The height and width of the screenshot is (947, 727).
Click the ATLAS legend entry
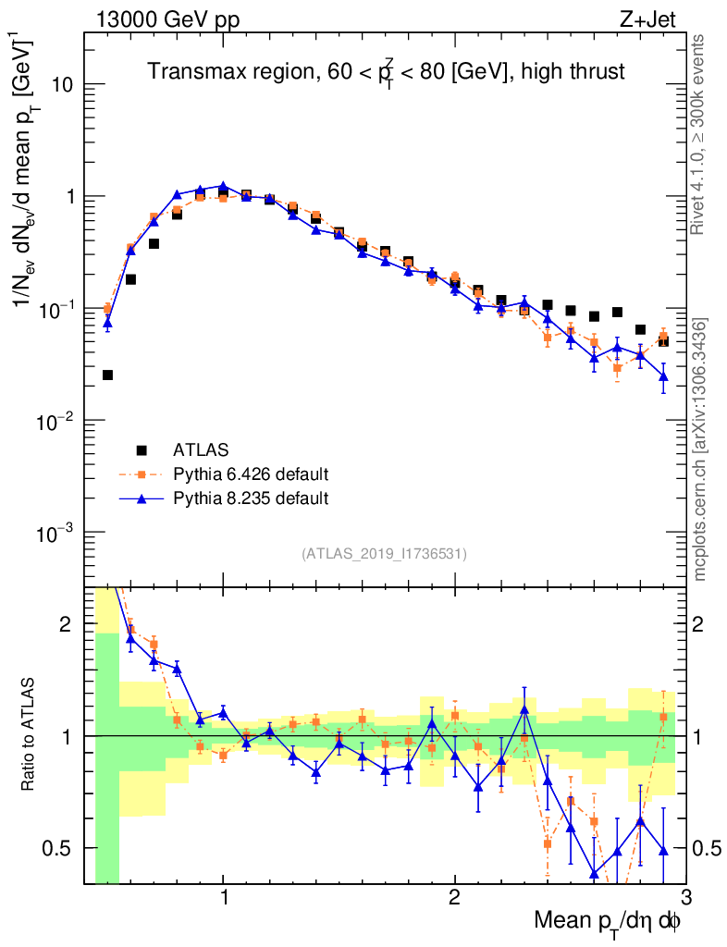coord(194,450)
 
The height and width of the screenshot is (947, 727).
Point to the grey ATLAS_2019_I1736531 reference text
coord(384,554)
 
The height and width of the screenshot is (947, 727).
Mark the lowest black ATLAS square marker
coord(107,375)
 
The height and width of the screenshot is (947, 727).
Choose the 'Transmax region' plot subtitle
coord(386,72)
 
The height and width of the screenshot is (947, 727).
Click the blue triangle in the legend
coord(142,498)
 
